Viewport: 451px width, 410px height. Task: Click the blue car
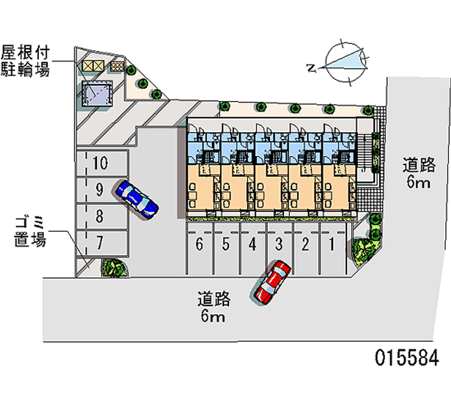click(x=136, y=199)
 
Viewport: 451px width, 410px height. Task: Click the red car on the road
click(x=272, y=281)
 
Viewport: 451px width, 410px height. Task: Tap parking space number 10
click(x=101, y=164)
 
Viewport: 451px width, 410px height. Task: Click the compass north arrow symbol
click(x=344, y=61)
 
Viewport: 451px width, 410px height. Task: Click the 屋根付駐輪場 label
click(x=25, y=62)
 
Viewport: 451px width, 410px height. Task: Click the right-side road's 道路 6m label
click(x=418, y=173)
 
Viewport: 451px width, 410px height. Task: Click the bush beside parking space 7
click(x=112, y=267)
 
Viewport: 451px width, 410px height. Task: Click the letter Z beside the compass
click(x=311, y=68)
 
